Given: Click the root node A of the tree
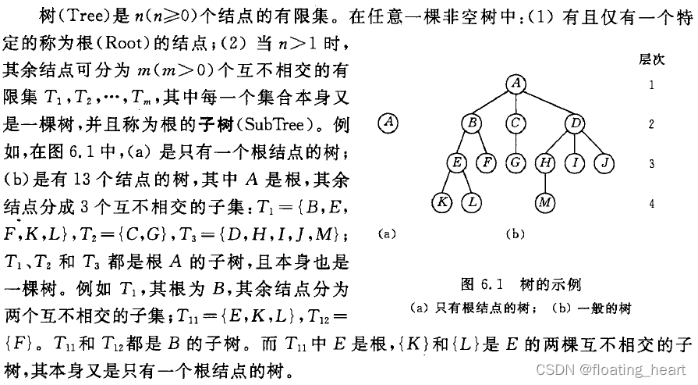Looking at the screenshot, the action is (516, 83).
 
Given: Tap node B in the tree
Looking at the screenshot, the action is (471, 123).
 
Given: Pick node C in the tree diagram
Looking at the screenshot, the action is (515, 123).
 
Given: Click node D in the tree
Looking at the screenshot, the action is (574, 123).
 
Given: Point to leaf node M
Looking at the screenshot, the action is (544, 203).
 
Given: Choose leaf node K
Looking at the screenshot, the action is (441, 203).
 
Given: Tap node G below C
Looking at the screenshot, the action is (515, 163).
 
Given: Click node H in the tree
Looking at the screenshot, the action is (544, 163).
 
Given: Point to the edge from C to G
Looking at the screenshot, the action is (515, 143).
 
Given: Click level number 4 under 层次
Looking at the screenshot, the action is (651, 202).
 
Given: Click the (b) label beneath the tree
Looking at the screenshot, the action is (516, 233).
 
